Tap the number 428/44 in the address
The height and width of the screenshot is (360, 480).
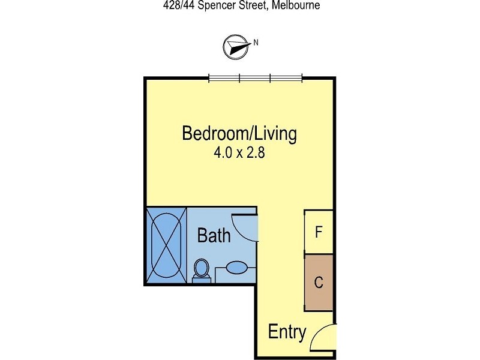(x=178, y=5)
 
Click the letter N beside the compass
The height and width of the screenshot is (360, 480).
(x=256, y=42)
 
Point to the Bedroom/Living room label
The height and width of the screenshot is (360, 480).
(x=239, y=133)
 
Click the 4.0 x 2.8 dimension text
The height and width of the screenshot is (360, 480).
(x=239, y=152)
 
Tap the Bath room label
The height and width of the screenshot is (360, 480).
(x=214, y=236)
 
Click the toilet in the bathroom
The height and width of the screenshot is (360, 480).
(x=202, y=270)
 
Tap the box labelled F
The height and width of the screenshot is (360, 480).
(x=319, y=232)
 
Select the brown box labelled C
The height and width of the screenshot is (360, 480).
(x=319, y=282)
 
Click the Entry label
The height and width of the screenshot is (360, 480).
(x=287, y=332)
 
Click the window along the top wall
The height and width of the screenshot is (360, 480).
(x=255, y=77)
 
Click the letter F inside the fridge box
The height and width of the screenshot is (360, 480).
(x=319, y=232)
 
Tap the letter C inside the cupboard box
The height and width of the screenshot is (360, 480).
(x=319, y=282)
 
